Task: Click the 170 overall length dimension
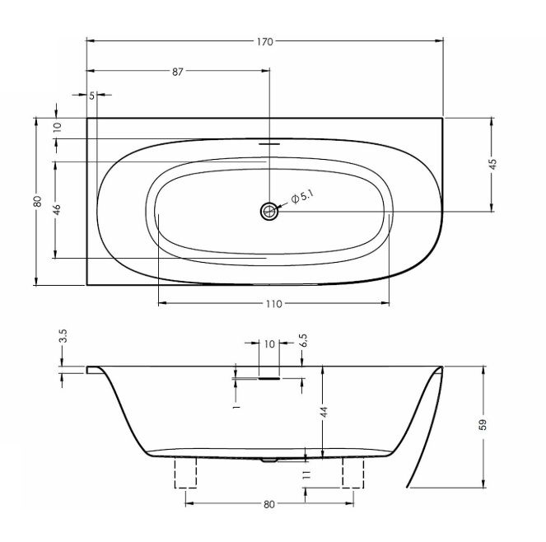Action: [264, 41]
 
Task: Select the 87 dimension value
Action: [177, 72]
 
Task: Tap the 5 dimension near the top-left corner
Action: [91, 96]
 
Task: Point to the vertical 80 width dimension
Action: [38, 202]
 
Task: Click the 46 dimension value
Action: [56, 209]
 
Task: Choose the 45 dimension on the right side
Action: [492, 163]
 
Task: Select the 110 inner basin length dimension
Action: [273, 304]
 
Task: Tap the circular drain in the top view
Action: [269, 211]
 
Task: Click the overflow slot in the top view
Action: [269, 141]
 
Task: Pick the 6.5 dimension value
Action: [302, 339]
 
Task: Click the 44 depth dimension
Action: [324, 409]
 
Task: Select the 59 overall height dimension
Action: [483, 424]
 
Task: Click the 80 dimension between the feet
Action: [269, 504]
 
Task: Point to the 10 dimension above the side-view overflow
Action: [268, 344]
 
